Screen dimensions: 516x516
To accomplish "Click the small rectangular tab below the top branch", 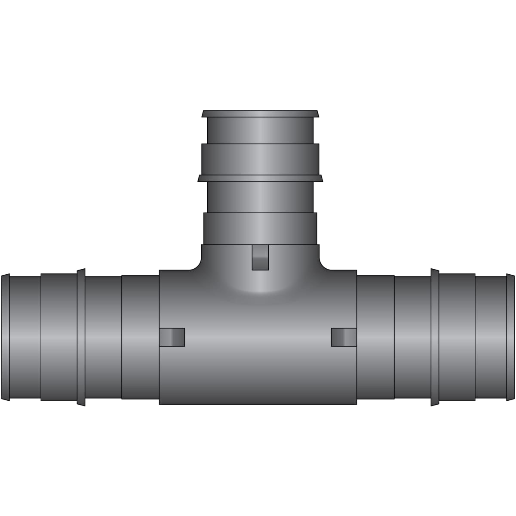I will pyautogui.click(x=260, y=258).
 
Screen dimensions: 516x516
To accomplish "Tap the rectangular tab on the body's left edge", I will pyautogui.click(x=172, y=337).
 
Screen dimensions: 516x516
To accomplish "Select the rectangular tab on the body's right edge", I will pyautogui.click(x=344, y=337).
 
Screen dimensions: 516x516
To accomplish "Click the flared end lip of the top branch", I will pyautogui.click(x=260, y=114).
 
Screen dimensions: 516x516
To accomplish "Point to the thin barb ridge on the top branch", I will pyautogui.click(x=260, y=178).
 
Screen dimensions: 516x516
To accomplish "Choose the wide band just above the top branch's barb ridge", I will pyautogui.click(x=260, y=159).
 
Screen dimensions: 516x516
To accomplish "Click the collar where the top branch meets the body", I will pyautogui.click(x=260, y=229).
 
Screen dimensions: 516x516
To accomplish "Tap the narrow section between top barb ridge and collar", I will pyautogui.click(x=260, y=197).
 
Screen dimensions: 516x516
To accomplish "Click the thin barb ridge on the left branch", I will pyautogui.click(x=81, y=337).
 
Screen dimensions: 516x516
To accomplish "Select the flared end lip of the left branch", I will pyautogui.click(x=5, y=337).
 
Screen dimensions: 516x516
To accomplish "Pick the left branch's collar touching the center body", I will pyautogui.click(x=140, y=337).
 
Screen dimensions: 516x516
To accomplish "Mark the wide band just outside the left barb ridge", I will pyautogui.click(x=59, y=337).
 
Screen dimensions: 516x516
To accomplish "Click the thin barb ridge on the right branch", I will pyautogui.click(x=435, y=337).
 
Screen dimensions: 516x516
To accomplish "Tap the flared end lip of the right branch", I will pyautogui.click(x=510, y=337).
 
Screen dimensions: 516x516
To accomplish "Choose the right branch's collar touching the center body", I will pyautogui.click(x=375, y=337).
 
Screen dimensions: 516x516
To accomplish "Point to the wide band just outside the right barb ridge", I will pyautogui.click(x=457, y=337).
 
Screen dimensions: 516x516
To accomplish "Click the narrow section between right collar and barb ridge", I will pyautogui.click(x=412, y=337).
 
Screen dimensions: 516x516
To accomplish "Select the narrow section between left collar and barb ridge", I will pyautogui.click(x=103, y=337).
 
